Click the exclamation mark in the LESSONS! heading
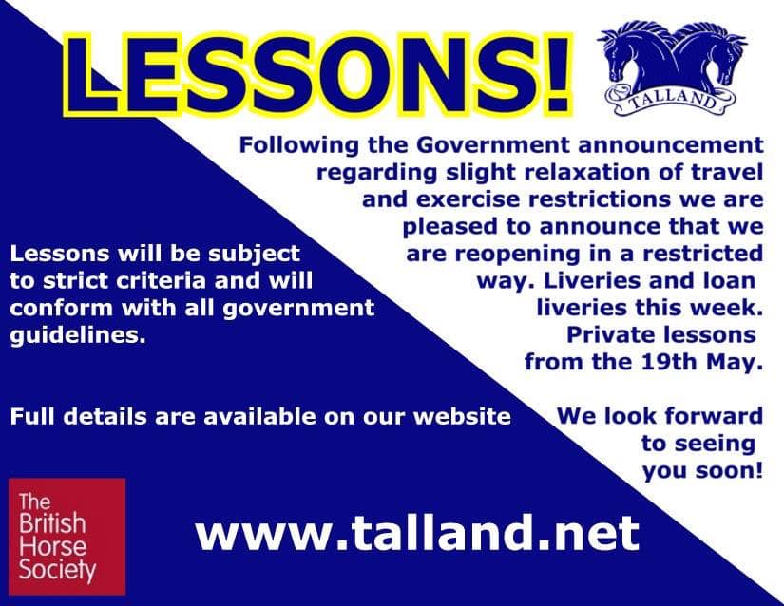(556, 75)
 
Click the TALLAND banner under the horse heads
(671, 100)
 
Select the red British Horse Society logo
(67, 537)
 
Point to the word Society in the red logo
(58, 571)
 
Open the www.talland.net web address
(417, 533)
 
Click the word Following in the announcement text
(299, 146)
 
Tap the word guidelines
(78, 335)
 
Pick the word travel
(728, 172)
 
